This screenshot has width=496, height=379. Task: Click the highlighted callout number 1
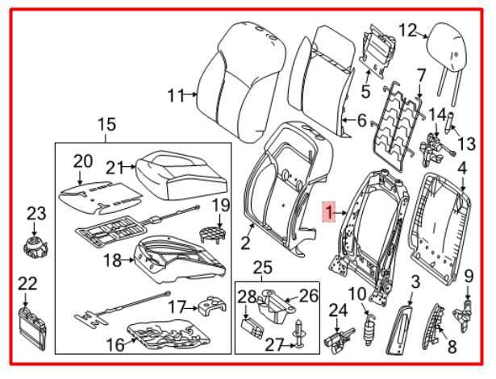click(x=328, y=212)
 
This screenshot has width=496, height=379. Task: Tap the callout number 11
click(x=175, y=96)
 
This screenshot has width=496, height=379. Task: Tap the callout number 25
click(x=262, y=267)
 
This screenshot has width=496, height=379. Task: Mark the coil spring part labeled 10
click(x=371, y=326)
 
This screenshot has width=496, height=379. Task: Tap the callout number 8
click(x=452, y=347)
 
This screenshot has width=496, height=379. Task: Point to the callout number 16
click(x=116, y=344)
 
